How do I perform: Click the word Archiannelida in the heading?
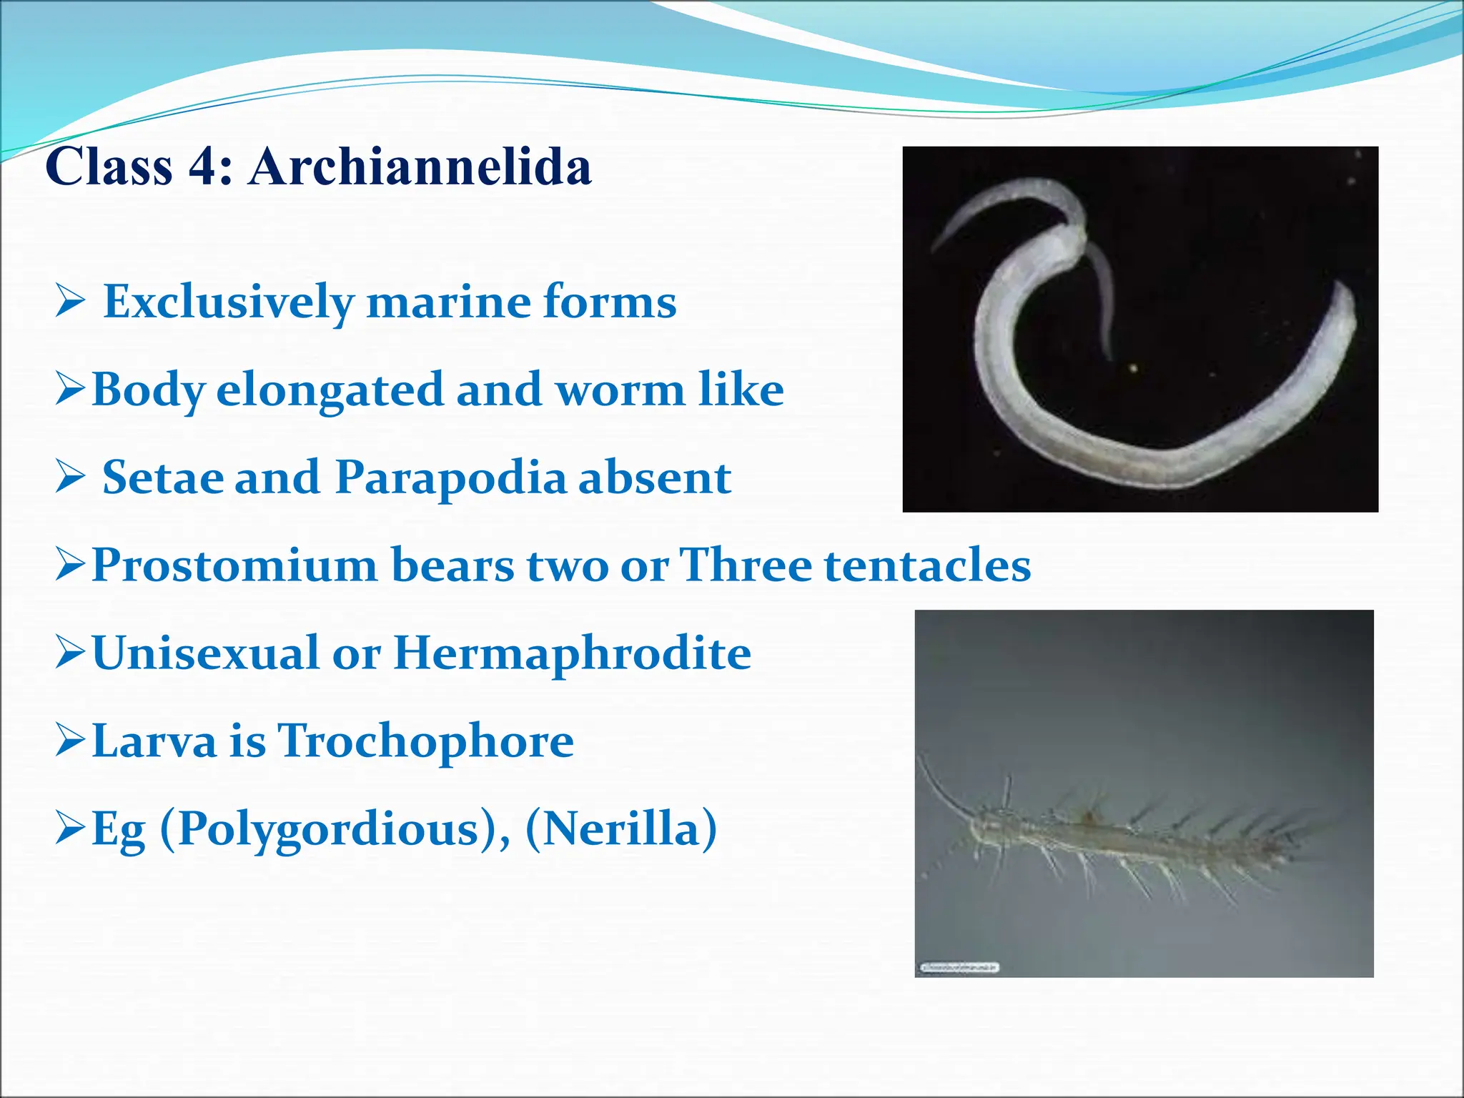point(420,167)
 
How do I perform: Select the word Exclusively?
point(229,302)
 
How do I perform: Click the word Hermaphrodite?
point(572,653)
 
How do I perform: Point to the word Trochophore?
point(425,741)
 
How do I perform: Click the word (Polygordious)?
point(335,829)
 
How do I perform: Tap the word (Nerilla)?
point(621,829)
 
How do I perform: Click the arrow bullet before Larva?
point(71,741)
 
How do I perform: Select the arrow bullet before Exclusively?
point(71,302)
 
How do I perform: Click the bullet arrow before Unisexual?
point(71,653)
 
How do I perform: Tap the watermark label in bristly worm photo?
point(958,967)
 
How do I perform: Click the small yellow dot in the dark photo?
point(1133,368)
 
